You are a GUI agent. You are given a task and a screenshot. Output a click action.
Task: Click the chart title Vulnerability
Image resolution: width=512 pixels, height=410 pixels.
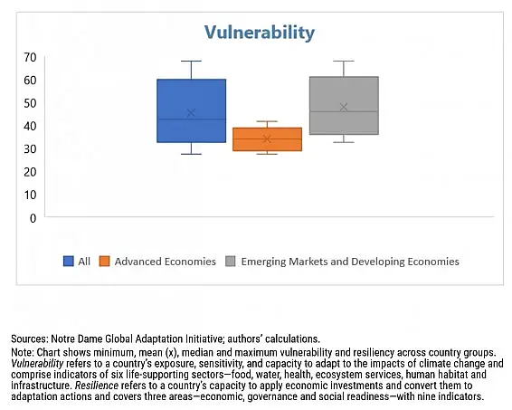(260, 33)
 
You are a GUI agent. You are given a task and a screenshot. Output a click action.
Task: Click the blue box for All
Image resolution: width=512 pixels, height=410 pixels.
(192, 110)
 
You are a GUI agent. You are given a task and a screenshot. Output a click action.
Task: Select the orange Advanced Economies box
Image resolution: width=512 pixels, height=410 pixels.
(267, 139)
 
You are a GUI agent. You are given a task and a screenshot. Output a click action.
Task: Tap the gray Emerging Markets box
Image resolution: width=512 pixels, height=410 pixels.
(344, 106)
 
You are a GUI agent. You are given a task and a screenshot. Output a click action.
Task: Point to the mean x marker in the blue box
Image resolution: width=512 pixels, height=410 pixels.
(191, 113)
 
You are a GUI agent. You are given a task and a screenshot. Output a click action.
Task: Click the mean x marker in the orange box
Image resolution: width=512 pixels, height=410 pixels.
(267, 139)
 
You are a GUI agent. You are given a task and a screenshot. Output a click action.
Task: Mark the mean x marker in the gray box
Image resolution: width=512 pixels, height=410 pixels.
(344, 107)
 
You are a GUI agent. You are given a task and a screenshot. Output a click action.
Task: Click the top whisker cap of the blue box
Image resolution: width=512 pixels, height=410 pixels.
(192, 61)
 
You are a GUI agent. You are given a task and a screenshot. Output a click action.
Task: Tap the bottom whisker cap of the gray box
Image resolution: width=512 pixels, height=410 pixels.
(344, 142)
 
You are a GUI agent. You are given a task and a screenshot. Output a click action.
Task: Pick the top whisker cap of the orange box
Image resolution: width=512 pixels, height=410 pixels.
(267, 121)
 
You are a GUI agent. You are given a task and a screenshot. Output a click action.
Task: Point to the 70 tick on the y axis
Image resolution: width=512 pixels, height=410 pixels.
(30, 58)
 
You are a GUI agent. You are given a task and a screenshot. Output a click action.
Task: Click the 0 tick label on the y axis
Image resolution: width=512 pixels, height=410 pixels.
(33, 218)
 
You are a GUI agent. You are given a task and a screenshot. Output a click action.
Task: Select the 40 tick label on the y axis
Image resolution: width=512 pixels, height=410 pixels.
(30, 126)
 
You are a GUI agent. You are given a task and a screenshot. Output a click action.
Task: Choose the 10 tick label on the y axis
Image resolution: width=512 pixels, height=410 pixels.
(30, 195)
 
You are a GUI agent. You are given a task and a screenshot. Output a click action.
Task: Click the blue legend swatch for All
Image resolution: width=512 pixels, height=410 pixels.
(69, 262)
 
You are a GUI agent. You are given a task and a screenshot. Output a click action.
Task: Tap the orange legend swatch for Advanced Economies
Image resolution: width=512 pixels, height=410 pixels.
(105, 262)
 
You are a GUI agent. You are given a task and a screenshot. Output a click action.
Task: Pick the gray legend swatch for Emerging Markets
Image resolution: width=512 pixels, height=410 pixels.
(231, 262)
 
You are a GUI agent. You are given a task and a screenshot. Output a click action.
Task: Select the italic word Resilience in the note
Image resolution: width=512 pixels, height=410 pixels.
(97, 386)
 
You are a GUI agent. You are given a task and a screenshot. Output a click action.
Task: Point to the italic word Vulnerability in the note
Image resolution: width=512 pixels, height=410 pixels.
(37, 364)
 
